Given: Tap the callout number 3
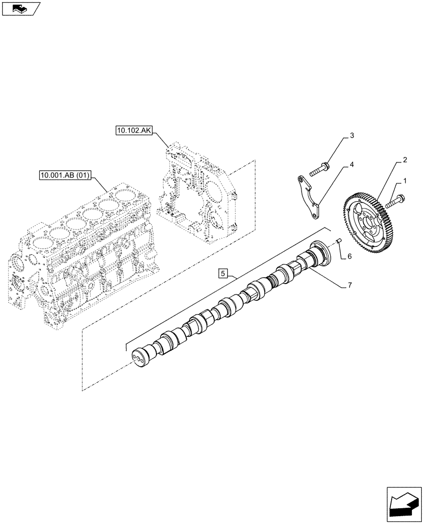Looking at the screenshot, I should [352, 136].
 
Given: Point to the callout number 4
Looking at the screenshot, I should [352, 164].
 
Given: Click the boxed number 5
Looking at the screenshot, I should [223, 273].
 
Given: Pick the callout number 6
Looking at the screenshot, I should [349, 257].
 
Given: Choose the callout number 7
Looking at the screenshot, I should [349, 285].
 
